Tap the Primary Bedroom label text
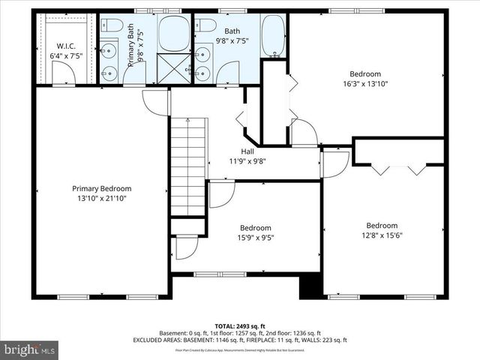tap(101, 188)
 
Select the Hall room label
tap(247, 151)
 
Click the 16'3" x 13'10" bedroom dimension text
tap(365, 84)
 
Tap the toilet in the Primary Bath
tap(112, 27)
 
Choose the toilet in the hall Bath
tap(204, 26)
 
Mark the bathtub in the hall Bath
tap(274, 36)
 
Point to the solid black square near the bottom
tap(310, 287)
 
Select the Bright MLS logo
tap(29, 349)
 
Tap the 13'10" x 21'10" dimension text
tap(101, 199)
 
